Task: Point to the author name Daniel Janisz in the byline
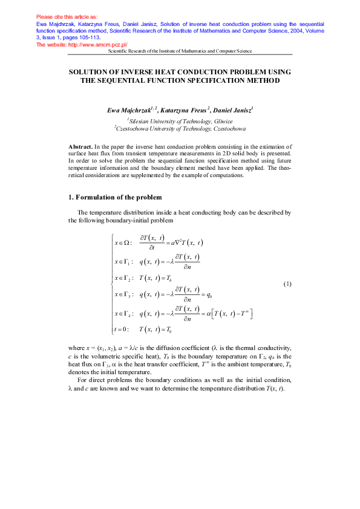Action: pos(234,111)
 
